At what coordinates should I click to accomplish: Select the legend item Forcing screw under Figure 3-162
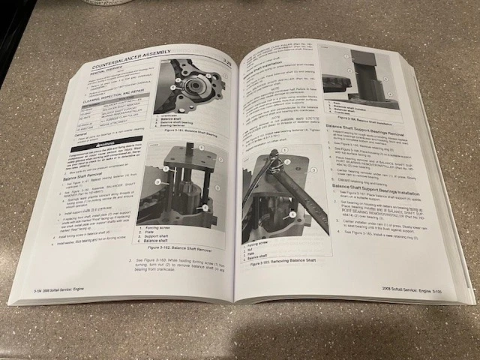162,221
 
